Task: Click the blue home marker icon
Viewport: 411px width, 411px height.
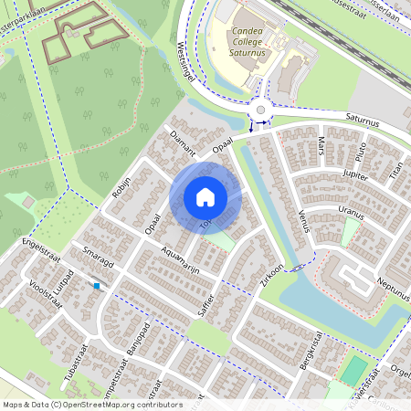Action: [x=205, y=196]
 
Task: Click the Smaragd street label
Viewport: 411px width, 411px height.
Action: [x=97, y=258]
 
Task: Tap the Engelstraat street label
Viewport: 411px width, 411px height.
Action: [x=37, y=248]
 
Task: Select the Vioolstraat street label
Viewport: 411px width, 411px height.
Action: [x=45, y=294]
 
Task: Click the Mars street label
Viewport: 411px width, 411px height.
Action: [x=321, y=146]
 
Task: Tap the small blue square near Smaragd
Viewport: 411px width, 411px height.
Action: [x=96, y=286]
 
